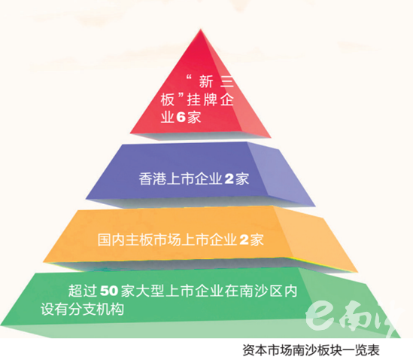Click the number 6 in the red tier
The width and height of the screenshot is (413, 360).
click(181, 117)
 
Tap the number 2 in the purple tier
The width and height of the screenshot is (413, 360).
click(229, 178)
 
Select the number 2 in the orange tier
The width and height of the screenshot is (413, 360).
click(244, 239)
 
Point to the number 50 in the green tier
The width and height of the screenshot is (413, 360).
click(109, 291)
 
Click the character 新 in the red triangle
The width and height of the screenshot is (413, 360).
click(205, 81)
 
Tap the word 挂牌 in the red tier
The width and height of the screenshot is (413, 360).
click(202, 99)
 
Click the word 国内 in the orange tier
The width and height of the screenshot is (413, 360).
click(111, 239)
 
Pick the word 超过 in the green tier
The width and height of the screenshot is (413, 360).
click(82, 291)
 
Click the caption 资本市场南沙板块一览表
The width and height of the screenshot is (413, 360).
click(311, 350)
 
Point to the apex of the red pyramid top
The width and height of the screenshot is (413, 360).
click(201, 29)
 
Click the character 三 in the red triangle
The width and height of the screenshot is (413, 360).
click(226, 81)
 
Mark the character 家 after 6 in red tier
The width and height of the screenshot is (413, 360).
click(194, 117)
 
